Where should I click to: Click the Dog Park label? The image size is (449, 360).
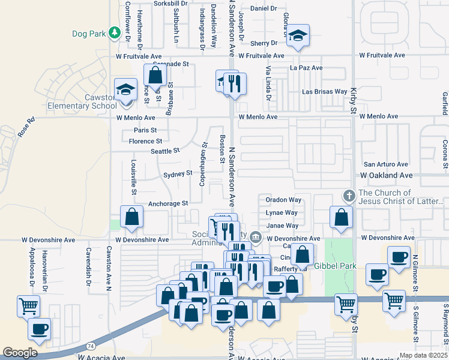88,34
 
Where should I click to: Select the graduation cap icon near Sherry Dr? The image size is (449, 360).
297,35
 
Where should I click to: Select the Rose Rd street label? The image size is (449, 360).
27,127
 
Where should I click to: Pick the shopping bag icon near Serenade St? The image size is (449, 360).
155,76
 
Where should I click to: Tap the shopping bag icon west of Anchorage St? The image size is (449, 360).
131,217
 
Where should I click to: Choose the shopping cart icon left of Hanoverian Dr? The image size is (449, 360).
29,306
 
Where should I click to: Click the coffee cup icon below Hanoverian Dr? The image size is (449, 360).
39,329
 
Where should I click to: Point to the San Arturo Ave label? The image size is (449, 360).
386,164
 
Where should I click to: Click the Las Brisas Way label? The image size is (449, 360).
324,92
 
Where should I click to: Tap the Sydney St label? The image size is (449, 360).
178,173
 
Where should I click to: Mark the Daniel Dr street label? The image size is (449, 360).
264,8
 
